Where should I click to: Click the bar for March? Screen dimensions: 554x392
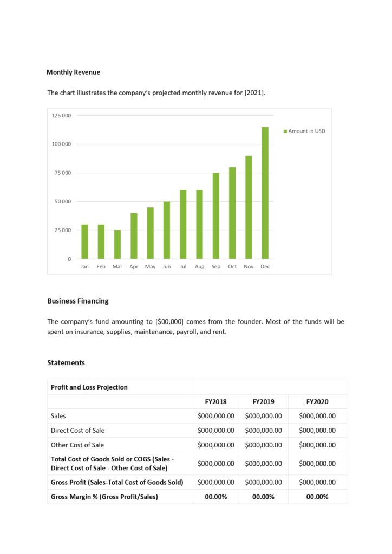point(117,245)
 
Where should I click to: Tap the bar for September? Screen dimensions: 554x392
point(215,216)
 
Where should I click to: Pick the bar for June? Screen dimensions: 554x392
point(167,230)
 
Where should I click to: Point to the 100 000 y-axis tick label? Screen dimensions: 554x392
point(62,144)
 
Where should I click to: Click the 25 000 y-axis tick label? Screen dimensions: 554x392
point(62,230)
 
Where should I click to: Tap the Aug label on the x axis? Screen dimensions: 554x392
point(199,267)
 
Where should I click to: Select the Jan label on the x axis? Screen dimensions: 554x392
point(84,267)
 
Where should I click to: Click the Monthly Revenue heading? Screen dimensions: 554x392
point(73,72)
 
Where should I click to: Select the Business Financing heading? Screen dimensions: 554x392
point(77,301)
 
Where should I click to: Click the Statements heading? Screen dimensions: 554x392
point(66,362)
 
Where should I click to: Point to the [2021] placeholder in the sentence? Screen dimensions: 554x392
point(254,93)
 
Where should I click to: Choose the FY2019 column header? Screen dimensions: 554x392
point(263,402)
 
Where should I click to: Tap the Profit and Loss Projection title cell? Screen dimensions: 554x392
point(89,387)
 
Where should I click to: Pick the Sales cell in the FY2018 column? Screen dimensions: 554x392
point(215,416)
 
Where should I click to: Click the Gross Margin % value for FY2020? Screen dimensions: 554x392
point(317,497)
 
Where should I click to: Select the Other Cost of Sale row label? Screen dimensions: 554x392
point(77,445)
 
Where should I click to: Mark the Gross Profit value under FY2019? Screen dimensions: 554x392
point(263,482)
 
